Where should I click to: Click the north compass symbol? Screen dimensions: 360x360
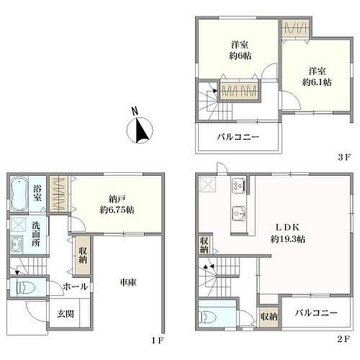pos(140,130)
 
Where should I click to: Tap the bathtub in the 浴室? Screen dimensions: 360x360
pos(19,194)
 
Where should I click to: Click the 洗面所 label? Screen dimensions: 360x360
pos(36,234)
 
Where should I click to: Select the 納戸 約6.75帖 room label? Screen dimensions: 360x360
pos(117,205)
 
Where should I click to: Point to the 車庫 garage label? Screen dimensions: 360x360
pos(128,283)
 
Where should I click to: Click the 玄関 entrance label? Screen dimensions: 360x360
pos(65,314)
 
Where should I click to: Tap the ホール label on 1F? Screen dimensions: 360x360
pos(76,286)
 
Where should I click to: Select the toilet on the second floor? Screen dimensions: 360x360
pos(208,317)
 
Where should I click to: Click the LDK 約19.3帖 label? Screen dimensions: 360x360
pos(287,233)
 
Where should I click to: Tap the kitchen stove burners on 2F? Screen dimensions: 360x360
pos(239,185)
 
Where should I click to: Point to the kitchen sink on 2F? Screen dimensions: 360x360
pos(239,213)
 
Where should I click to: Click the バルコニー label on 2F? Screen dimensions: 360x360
pos(316,313)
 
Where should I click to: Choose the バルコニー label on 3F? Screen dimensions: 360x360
pos(238,137)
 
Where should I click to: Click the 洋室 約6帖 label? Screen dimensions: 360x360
pos(239,50)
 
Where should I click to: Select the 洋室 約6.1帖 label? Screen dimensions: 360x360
pos(317,77)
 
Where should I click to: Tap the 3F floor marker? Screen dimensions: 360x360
pos(344,157)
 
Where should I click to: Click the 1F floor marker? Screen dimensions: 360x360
pos(157,340)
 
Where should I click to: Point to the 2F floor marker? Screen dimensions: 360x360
pos(344,339)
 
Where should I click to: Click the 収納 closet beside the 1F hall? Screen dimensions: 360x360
pos(83,255)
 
